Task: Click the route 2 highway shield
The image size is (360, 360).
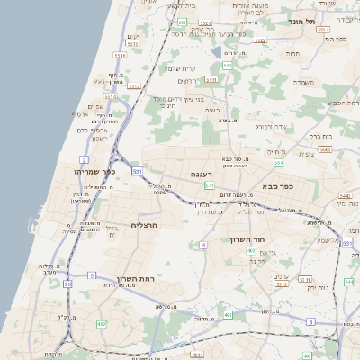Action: (x=84, y=159)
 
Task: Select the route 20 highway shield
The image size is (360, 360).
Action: (x=67, y=284)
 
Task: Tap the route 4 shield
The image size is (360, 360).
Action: (x=204, y=244)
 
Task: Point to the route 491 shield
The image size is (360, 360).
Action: (x=229, y=314)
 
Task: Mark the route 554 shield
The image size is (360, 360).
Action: (x=279, y=163)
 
